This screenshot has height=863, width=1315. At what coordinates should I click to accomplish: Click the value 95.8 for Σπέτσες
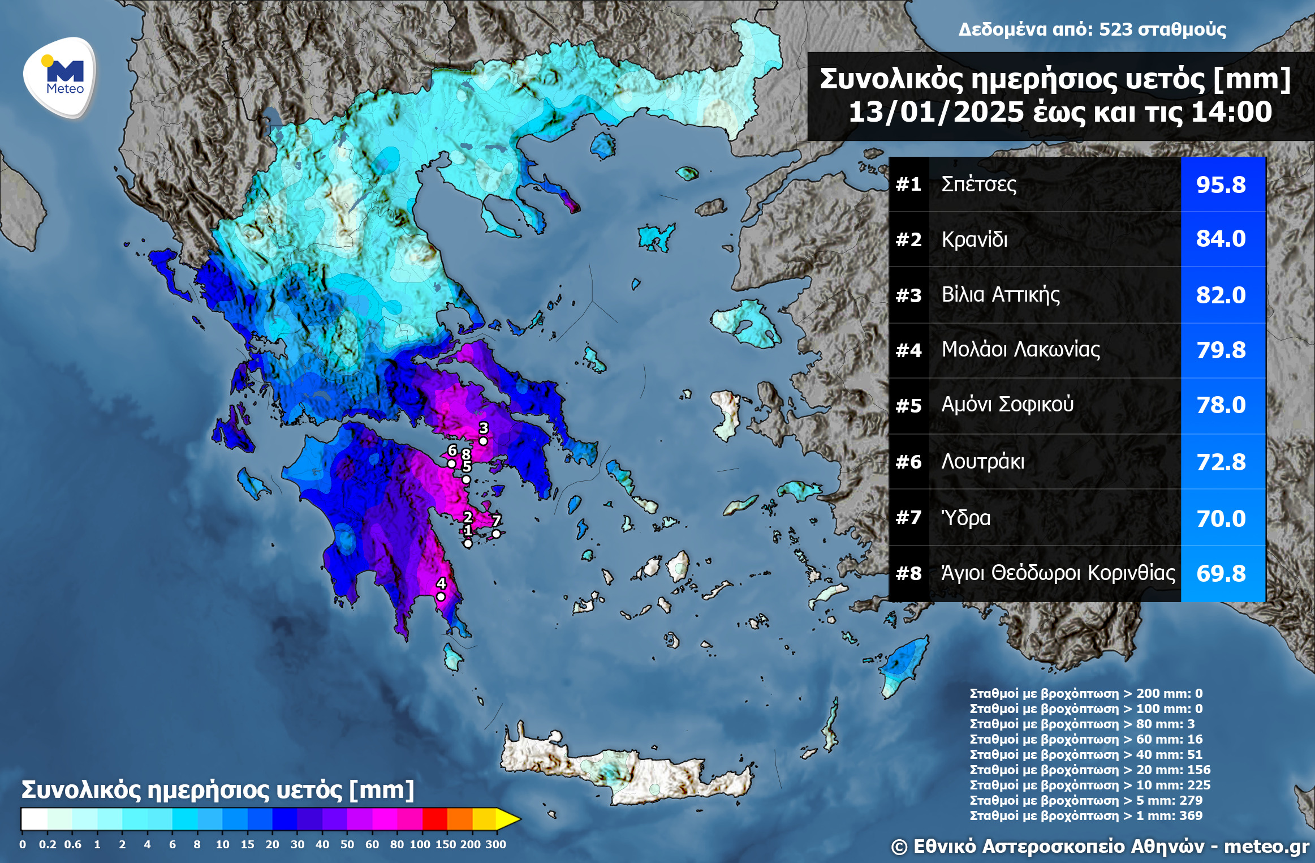tap(1221, 185)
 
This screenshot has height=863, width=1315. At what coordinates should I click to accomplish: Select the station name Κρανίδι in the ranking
tap(974, 239)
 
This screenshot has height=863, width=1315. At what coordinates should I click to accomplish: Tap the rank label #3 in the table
tap(908, 295)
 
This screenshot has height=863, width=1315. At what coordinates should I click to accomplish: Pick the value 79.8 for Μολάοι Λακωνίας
tap(1221, 350)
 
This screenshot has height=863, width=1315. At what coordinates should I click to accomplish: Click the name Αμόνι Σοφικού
tap(1007, 405)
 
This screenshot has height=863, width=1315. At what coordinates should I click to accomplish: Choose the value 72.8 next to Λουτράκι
tap(1221, 462)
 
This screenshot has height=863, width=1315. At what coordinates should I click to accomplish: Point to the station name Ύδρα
tap(965, 518)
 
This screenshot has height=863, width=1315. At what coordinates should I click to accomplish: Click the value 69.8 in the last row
tap(1221, 574)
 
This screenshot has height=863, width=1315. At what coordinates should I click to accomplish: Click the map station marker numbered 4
tap(441, 596)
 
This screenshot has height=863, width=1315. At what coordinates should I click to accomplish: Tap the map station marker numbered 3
tap(483, 441)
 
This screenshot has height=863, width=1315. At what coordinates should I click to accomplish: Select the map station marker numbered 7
tap(496, 534)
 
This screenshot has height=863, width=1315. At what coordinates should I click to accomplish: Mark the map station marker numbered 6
tap(451, 463)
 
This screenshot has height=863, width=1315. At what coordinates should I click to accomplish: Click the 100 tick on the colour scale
tap(420, 844)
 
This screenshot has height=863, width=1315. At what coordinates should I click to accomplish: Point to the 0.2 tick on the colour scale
tap(48, 844)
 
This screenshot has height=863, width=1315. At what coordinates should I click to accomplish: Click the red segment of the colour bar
tap(434, 819)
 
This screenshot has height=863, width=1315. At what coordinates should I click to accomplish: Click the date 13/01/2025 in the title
tap(935, 112)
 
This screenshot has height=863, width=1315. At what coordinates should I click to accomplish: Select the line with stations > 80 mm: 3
tap(1081, 724)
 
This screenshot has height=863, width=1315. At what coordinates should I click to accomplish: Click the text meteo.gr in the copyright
tap(1266, 847)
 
